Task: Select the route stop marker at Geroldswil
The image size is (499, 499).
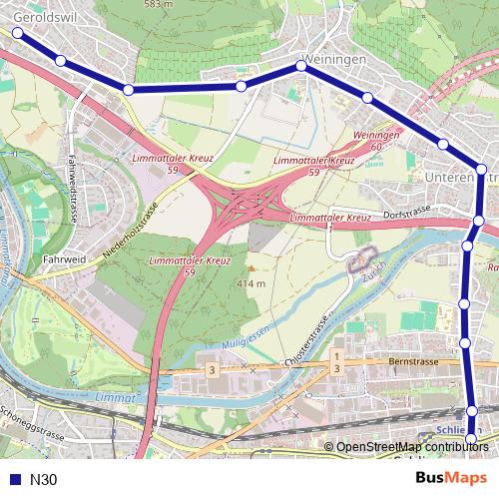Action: click(x=17, y=33)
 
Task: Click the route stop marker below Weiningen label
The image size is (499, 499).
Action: click(x=301, y=67)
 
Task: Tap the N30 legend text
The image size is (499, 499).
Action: click(x=44, y=479)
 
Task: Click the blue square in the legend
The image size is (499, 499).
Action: click(x=14, y=479)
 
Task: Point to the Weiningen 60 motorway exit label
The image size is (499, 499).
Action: click(x=376, y=140)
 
